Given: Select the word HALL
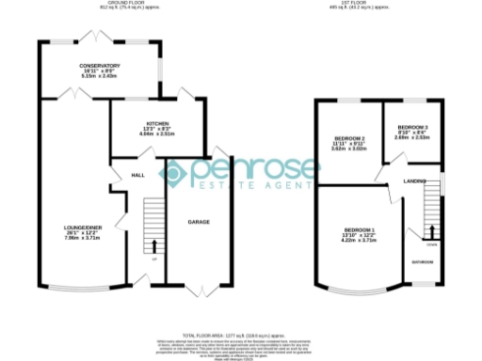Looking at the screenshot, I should (137, 175).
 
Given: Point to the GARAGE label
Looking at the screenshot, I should (199, 222).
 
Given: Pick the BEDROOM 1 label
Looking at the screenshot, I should (359, 230).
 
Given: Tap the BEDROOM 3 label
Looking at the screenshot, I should (412, 127).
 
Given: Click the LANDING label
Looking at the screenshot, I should (415, 180).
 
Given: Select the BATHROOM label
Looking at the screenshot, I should (421, 261).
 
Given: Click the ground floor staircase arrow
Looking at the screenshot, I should (153, 247).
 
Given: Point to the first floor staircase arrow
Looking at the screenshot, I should (433, 232).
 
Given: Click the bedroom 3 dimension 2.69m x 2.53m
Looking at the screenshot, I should (412, 137).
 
